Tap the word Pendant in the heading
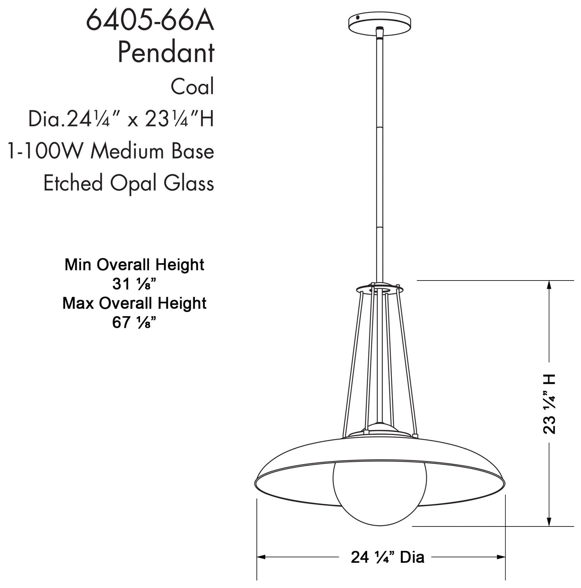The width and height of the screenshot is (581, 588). (166, 53)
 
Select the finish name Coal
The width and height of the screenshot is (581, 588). (192, 86)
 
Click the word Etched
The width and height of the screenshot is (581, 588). (73, 183)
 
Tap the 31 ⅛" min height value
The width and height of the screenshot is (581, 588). (134, 284)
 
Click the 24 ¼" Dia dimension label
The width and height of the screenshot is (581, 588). (387, 557)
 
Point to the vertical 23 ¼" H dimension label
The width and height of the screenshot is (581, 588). (549, 403)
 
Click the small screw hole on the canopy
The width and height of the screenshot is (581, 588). (359, 16)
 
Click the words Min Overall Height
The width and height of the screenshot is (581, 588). (134, 265)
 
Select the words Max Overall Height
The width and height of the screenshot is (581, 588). (134, 303)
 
